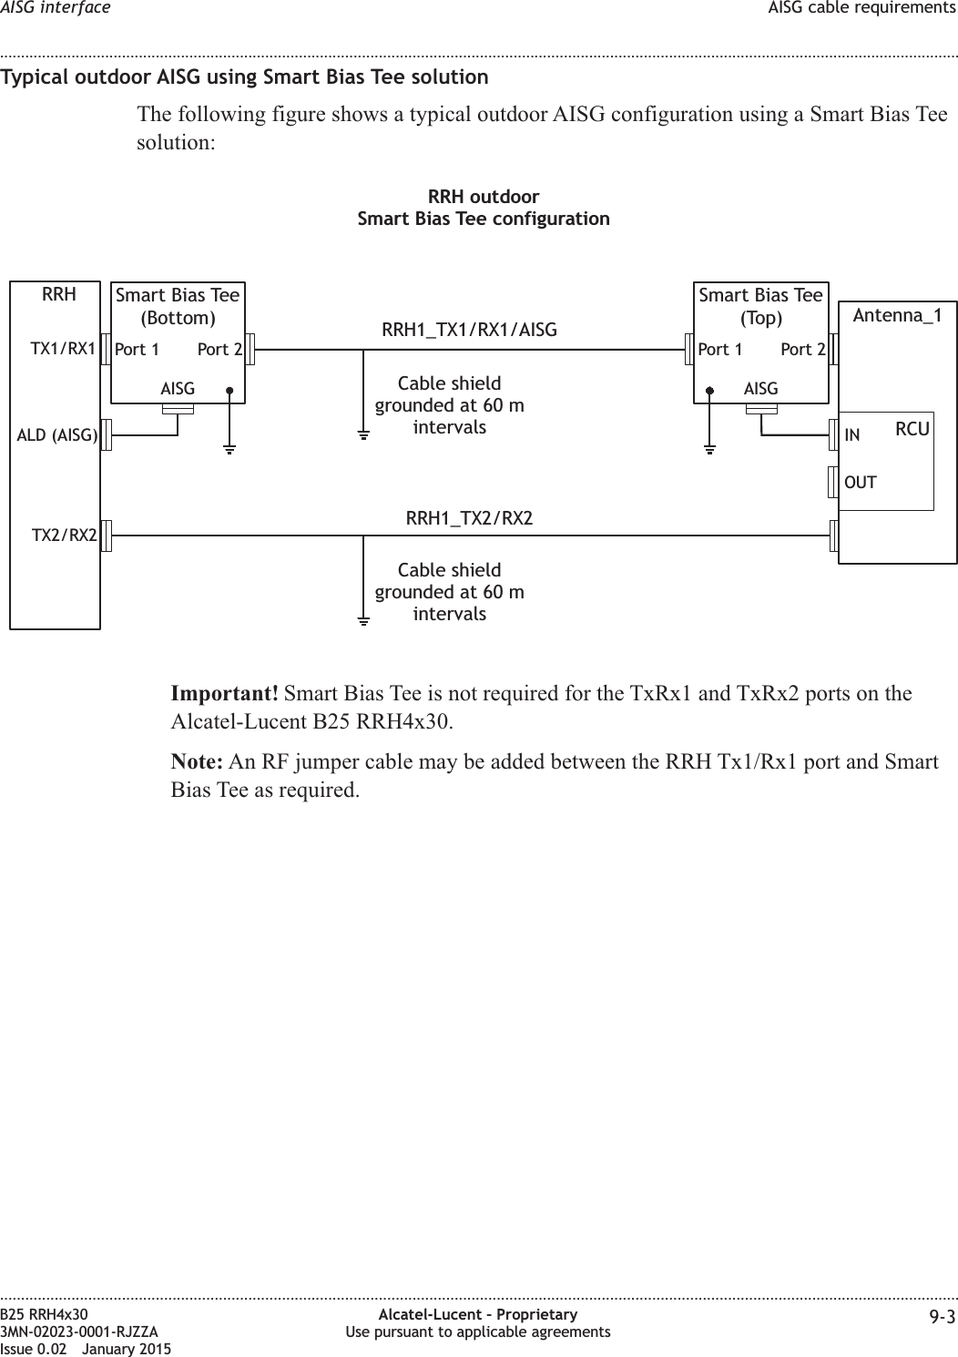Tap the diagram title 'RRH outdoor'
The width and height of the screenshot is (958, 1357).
484,197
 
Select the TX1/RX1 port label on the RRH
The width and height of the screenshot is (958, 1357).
63,348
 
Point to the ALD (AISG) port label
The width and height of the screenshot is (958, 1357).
57,435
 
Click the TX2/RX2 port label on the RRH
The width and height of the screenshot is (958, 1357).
65,535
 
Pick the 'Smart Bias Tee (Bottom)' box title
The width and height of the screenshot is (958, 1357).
178,306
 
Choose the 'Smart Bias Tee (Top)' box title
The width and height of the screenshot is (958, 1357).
760,306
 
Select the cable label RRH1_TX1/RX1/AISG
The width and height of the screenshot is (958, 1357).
469,330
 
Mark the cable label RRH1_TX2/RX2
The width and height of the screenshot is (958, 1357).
469,518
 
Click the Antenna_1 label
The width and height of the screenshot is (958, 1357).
897,316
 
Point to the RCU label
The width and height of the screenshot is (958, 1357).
912,428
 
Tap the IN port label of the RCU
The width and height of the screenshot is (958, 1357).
852,435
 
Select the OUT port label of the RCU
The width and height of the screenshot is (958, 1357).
861,482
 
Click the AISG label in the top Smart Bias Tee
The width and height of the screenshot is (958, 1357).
760,389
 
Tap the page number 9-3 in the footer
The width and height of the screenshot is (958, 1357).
943,1317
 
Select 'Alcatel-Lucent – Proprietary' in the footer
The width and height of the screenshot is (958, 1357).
478,1315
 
